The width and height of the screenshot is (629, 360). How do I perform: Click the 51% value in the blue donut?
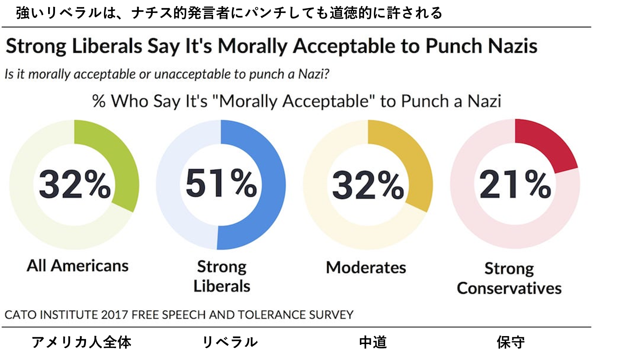click(x=221, y=184)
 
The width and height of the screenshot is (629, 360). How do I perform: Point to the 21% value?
click(x=515, y=185)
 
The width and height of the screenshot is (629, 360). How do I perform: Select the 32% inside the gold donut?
click(x=368, y=185)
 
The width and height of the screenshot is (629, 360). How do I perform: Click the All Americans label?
click(x=77, y=266)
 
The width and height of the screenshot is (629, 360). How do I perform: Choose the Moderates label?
click(x=366, y=267)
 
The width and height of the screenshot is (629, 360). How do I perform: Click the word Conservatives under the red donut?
click(x=509, y=288)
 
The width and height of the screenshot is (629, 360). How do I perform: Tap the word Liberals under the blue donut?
click(x=222, y=286)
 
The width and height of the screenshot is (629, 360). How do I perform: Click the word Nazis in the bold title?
click(x=512, y=46)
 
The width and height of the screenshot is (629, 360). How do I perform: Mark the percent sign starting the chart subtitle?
click(x=99, y=102)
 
